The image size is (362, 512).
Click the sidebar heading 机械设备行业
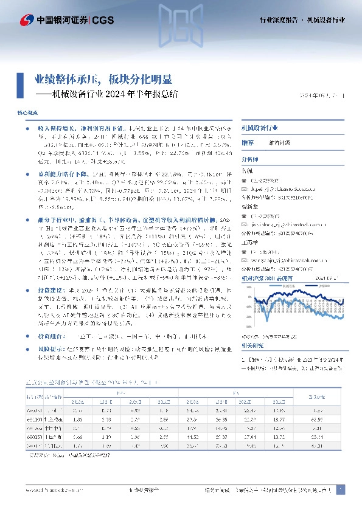pos(260,129)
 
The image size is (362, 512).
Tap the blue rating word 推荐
pos(248,142)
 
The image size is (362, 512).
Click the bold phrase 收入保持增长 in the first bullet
pos(52,130)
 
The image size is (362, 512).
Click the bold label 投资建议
pos(48,291)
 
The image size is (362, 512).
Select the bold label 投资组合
pos(48,335)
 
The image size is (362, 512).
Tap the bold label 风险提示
pos(48,350)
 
